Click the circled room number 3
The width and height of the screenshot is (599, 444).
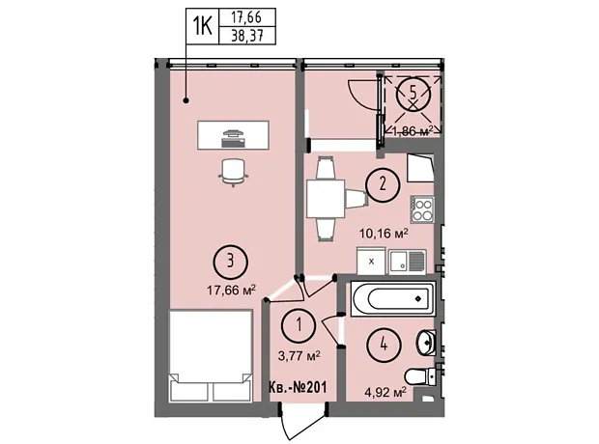point(230,263)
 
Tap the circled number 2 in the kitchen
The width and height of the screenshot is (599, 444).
point(383,184)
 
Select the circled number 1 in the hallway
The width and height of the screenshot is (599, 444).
point(299,325)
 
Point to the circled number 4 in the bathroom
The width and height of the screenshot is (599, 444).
point(384,346)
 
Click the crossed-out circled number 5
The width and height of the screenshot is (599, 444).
point(414,94)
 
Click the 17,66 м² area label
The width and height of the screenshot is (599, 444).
point(231,291)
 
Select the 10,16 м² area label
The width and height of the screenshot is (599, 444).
point(384,233)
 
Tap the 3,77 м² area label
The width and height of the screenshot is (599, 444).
point(299,356)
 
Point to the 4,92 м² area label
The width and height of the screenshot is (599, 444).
point(385,392)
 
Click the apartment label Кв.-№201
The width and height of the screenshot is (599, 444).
point(298,388)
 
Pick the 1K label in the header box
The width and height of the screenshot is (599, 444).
point(203,26)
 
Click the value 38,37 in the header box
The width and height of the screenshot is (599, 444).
point(247,37)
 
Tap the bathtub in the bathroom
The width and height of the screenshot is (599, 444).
point(392,299)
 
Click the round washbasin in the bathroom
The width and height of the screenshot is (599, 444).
point(425,342)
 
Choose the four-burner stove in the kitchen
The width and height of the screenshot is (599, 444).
point(422,209)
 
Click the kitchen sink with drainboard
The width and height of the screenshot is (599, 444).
point(408,262)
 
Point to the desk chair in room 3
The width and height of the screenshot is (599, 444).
point(233,172)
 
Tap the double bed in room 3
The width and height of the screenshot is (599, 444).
point(211,355)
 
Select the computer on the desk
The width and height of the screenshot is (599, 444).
point(233,138)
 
